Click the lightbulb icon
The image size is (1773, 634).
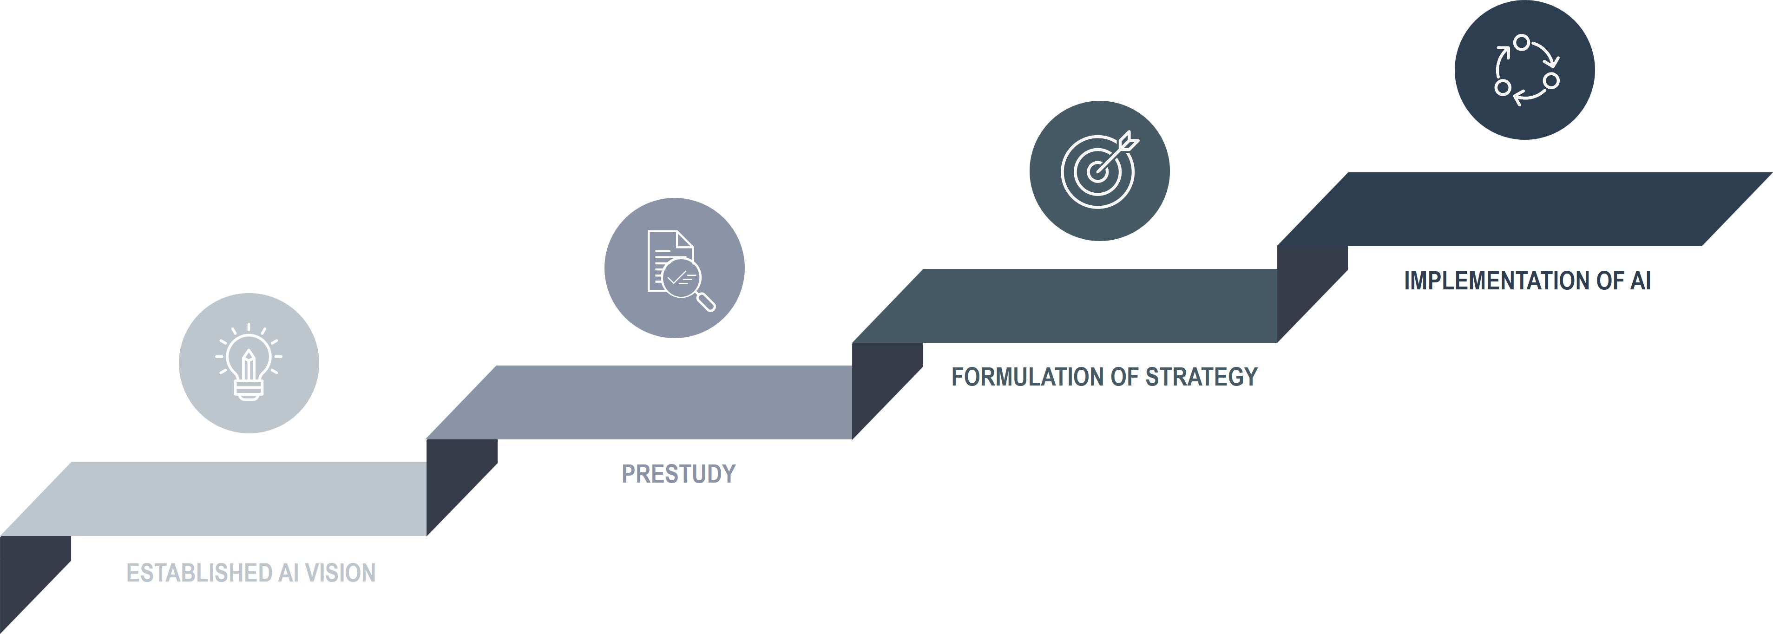249,363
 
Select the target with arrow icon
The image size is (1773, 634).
1099,170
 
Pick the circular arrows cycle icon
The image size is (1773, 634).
1527,70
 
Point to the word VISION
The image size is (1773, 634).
340,573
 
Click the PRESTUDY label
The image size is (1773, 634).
679,474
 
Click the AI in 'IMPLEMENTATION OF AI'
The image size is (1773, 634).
1640,280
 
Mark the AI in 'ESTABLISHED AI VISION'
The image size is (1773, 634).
289,573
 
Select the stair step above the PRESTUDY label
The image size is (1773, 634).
639,402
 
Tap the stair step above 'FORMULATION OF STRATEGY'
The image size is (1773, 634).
1065,306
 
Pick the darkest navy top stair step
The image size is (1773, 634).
1524,209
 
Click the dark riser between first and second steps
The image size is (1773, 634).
461,482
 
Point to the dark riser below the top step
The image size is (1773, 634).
1312,289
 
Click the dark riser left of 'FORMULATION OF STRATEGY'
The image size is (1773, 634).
886,386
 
